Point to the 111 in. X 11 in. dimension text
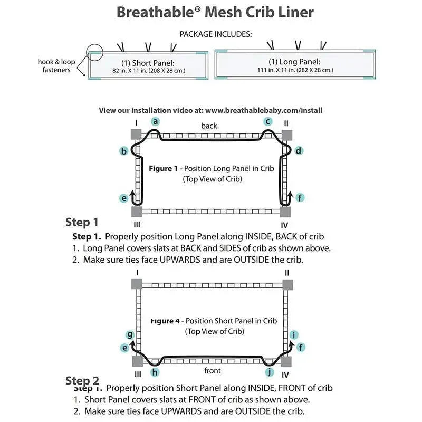(295, 70)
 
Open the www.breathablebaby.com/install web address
(264, 110)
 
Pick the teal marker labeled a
(155, 121)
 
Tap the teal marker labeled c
(268, 121)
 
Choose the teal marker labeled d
(299, 151)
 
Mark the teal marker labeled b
(124, 151)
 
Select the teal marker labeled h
(155, 372)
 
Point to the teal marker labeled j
(270, 372)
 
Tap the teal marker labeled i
(294, 334)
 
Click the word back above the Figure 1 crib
(209, 126)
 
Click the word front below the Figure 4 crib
(213, 371)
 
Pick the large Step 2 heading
(82, 380)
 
